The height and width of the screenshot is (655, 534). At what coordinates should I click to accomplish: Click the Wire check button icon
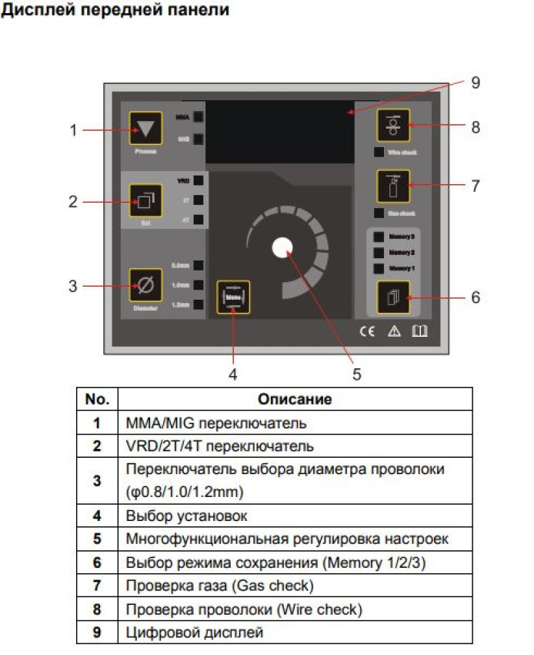[393, 126]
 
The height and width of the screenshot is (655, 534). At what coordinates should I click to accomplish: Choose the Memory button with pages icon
[393, 297]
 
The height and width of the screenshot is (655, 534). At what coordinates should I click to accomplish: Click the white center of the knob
[283, 247]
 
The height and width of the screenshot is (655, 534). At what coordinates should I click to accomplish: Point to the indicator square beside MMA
[198, 117]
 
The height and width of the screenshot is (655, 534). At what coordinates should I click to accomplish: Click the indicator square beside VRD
[198, 181]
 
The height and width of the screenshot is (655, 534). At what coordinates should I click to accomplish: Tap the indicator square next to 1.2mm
[198, 304]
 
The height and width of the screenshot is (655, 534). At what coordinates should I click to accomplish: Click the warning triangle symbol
[393, 332]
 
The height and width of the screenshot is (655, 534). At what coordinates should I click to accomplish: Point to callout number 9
[476, 82]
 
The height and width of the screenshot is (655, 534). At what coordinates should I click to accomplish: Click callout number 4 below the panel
[232, 375]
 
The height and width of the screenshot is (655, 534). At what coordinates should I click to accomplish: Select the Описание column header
[295, 399]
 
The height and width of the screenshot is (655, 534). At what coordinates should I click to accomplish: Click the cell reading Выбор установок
[187, 516]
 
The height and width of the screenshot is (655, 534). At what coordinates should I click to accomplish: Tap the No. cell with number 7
[97, 586]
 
